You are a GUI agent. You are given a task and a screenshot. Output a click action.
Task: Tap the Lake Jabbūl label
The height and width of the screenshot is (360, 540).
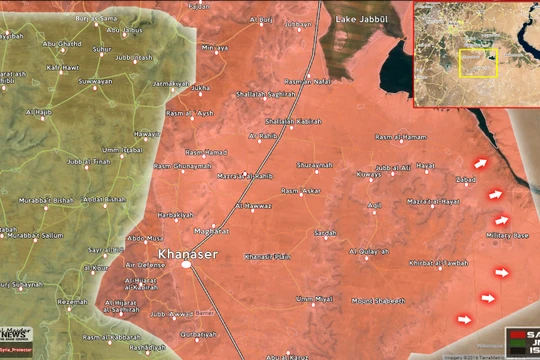coord(361,19)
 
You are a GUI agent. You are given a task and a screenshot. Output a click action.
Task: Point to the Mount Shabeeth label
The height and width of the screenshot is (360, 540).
coord(378,300)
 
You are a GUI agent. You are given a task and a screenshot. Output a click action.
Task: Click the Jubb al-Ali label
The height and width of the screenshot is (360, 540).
coord(394,168)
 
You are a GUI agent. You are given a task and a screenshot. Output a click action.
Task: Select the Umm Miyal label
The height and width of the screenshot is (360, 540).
coord(315,298)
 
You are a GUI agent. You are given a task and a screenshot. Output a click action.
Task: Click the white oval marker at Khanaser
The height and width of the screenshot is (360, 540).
coord(186,265)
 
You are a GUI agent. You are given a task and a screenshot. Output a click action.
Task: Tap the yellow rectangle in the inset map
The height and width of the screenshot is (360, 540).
coord(478,62)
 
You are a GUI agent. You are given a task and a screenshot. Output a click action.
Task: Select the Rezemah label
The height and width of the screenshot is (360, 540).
coord(73,300)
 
